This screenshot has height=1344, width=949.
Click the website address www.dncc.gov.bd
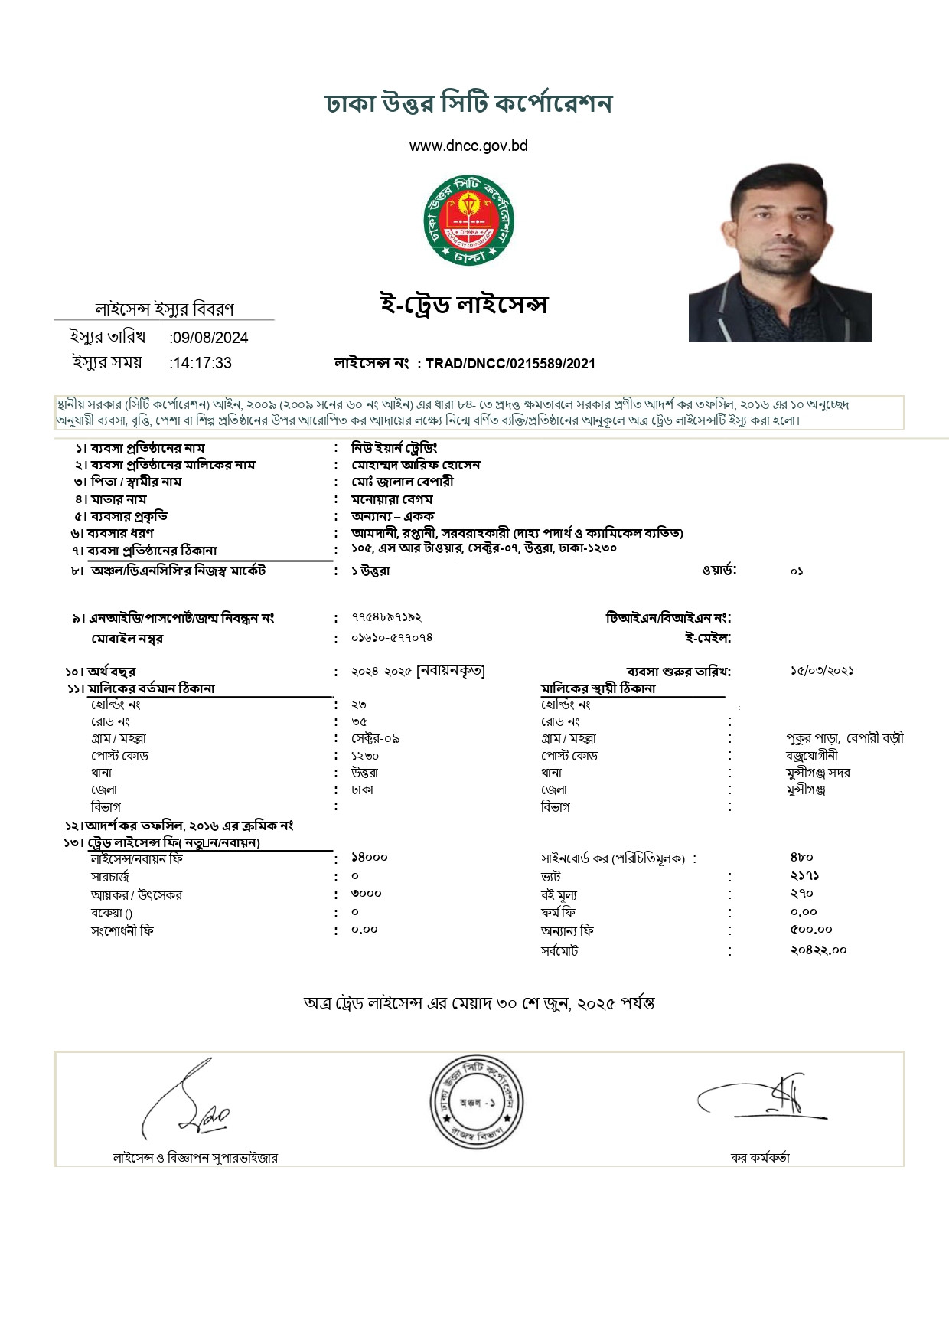point(468,146)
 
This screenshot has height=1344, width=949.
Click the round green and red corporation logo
point(468,221)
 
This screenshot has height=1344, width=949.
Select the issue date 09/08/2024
point(210,338)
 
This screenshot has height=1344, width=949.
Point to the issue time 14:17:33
point(202,363)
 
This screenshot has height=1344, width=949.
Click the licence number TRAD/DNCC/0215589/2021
point(510,364)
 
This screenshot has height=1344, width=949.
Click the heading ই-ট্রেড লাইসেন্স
point(464,305)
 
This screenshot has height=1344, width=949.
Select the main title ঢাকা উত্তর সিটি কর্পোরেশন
point(468,104)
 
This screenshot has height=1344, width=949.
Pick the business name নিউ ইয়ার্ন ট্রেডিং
point(394,448)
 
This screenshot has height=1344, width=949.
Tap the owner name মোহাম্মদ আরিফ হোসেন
point(416,465)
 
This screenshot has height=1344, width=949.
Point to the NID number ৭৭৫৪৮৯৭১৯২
point(386,617)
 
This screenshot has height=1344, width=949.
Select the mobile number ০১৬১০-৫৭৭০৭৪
point(392,637)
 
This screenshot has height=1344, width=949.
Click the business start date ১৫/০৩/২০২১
point(822,671)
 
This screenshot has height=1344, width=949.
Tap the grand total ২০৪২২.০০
point(818,950)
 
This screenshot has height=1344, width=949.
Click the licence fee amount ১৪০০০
point(370,858)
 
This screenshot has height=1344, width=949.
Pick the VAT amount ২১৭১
point(804,875)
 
